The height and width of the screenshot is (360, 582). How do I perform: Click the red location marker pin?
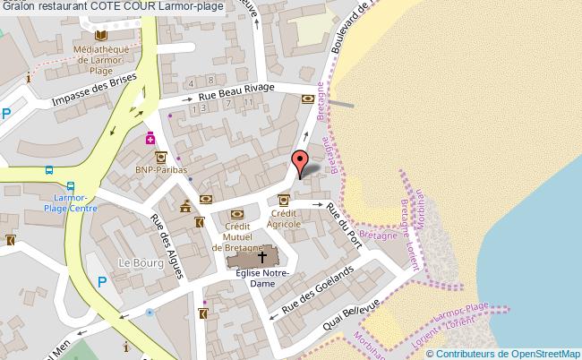[298, 164]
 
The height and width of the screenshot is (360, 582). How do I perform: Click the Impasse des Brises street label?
[94, 89]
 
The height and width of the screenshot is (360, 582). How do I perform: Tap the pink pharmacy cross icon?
[151, 139]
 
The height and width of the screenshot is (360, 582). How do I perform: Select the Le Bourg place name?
[141, 263]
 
